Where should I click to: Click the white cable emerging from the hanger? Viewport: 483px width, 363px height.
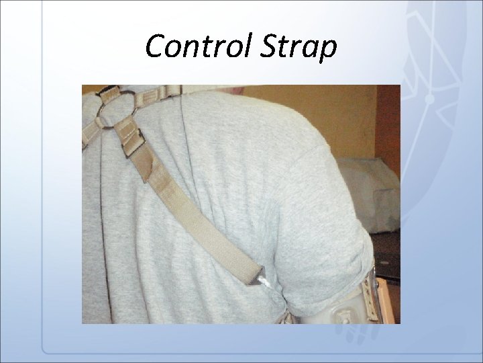(x=270, y=288)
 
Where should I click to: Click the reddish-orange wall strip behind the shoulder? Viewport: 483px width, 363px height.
(x=388, y=128)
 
